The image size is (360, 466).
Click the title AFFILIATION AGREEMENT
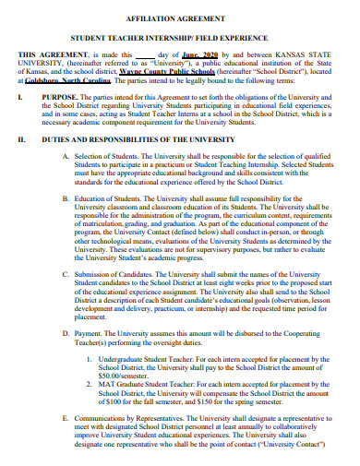[x=180, y=17]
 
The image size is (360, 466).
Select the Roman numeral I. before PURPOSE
[x=21, y=96]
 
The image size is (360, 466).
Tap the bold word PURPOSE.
[x=62, y=96]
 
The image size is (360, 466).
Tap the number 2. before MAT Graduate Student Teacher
[x=90, y=385]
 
